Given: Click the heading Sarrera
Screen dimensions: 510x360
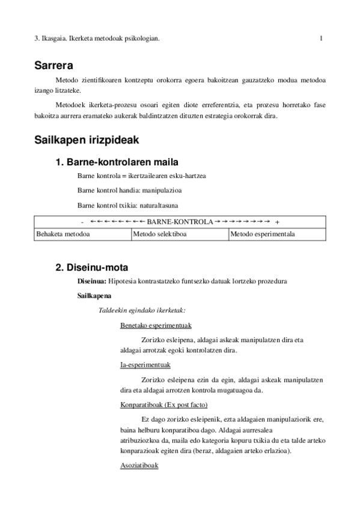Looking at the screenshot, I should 57,66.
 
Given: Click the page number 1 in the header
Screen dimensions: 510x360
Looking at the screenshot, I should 322,39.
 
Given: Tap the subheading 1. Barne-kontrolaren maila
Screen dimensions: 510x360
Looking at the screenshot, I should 116,162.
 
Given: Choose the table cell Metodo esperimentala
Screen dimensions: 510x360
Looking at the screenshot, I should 263,234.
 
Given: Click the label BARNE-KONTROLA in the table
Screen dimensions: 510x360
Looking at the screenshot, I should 180,221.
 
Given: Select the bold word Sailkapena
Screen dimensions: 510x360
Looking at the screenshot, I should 94,296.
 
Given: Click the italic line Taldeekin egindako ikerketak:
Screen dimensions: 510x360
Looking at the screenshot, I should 142,310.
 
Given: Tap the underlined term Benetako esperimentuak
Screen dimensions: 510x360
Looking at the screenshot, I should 156,325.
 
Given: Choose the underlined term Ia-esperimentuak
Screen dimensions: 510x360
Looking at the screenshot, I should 145,364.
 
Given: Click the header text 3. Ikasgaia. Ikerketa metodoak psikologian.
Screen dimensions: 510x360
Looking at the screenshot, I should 97,39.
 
